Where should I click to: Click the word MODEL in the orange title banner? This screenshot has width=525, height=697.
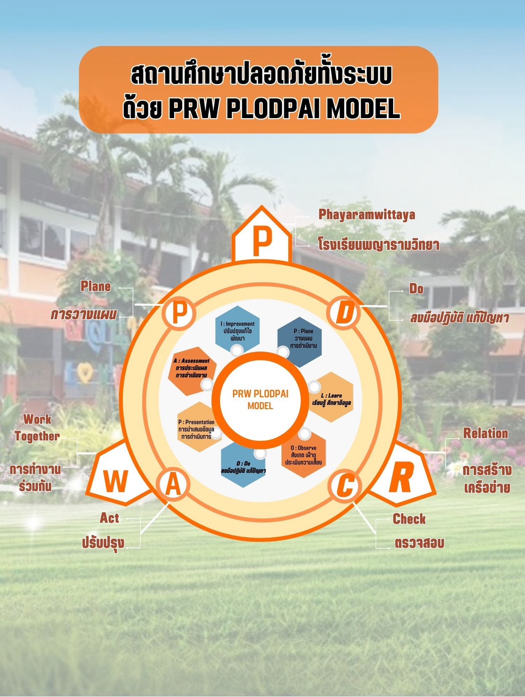point(363,109)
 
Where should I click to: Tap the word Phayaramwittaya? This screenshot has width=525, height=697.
point(367,215)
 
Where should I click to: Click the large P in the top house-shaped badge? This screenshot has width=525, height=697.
point(262,241)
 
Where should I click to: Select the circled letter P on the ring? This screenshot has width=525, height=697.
point(178,312)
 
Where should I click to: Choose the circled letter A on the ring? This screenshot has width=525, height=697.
point(174,485)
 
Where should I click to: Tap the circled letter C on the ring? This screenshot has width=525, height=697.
point(346,485)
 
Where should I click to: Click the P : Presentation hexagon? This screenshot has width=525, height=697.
point(197,428)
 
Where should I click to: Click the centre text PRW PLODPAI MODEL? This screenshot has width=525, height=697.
point(260,399)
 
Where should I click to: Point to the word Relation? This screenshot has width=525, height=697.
point(485,433)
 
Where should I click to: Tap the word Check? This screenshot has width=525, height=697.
point(409,519)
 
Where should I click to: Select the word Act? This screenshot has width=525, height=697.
point(109,518)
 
